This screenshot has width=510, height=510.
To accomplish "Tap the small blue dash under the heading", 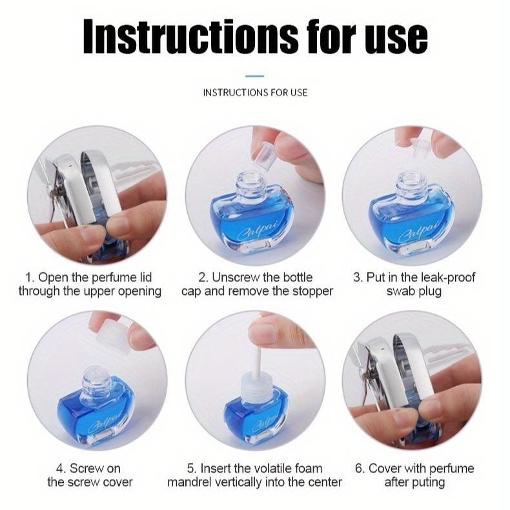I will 255,76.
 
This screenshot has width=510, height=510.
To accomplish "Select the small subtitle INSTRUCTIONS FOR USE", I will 255,92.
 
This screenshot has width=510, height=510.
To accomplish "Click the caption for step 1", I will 90,284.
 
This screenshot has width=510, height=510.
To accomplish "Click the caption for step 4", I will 90,475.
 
